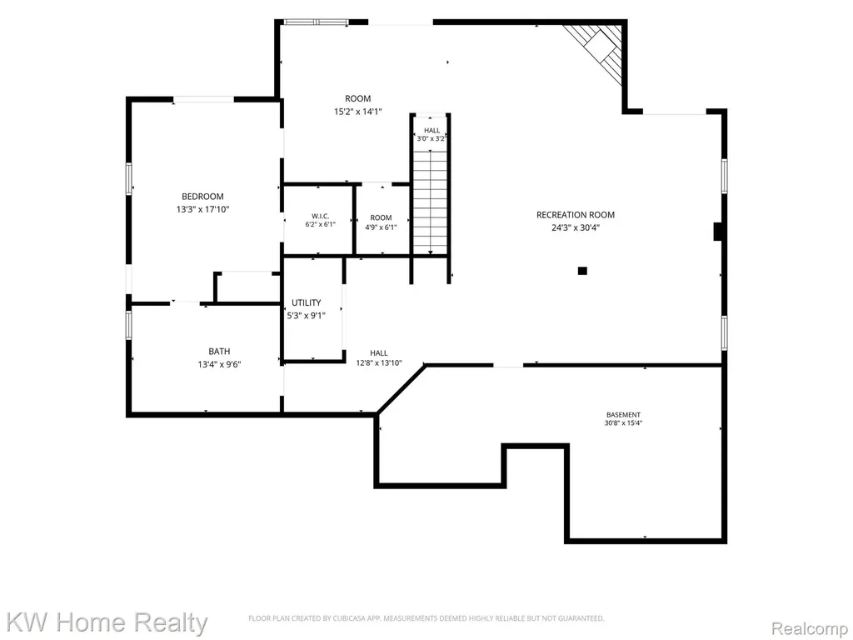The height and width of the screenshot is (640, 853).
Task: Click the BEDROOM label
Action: pos(202,197)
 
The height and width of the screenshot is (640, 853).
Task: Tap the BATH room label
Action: pos(219,352)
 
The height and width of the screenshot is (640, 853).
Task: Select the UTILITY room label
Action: pos(307,302)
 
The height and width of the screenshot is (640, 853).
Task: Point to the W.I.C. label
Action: pos(321,216)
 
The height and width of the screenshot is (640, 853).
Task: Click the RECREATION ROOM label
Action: pos(576,215)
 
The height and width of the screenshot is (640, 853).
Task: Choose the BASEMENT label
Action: pos(623,415)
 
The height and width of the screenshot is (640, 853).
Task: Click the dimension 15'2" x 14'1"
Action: pos(358,112)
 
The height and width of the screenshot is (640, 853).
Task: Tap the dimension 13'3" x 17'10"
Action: pos(203,209)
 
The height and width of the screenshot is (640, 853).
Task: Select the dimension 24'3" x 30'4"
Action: pos(576,228)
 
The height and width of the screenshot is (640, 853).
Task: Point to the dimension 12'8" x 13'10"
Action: pos(379,363)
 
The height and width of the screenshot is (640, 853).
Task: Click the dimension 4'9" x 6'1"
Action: pos(381,227)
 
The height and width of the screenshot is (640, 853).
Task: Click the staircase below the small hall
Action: pos(431,202)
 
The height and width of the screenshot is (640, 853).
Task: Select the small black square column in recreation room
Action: pos(582,271)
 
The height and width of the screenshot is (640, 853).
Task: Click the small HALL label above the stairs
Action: pos(432,131)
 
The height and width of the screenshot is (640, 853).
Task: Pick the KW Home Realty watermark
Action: pos(107,622)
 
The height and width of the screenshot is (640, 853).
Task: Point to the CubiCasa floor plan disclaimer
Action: pos(426,618)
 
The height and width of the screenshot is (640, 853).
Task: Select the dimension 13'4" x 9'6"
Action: pos(219,365)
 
